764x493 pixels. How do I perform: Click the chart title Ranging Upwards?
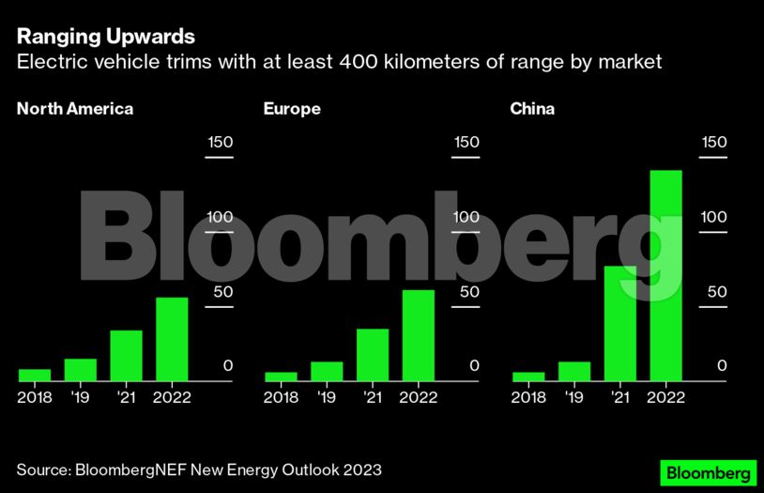coord(105,37)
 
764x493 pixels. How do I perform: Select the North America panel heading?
coord(75,109)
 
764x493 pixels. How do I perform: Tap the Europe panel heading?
coord(292,109)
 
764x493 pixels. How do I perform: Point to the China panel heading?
coord(532,109)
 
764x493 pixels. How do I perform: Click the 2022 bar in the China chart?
coord(665,275)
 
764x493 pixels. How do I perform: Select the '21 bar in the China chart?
coord(619,323)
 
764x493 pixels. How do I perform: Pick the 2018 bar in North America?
coord(35,375)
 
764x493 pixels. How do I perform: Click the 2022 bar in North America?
coord(172,339)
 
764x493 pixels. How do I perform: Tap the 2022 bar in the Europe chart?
coord(419,335)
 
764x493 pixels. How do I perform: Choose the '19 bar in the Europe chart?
coord(327,371)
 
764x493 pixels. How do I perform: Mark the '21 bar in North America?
coord(126,355)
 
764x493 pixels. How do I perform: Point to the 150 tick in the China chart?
coord(714,143)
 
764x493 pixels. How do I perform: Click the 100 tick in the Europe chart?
coord(466,217)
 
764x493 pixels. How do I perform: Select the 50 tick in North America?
coord(220,291)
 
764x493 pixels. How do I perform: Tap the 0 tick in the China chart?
coord(722,365)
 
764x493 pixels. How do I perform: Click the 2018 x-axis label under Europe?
coord(281,397)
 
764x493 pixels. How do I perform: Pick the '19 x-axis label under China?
coord(573,397)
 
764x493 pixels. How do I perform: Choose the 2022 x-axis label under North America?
coord(172,397)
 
